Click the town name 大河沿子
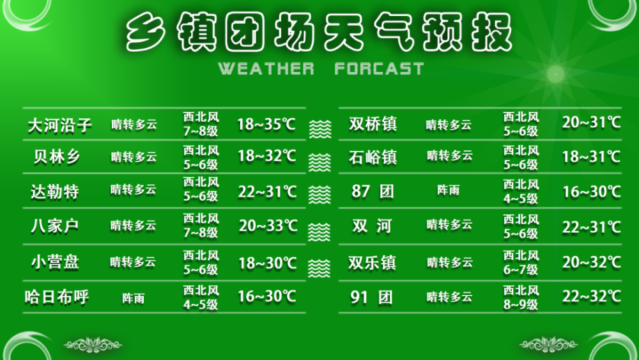[59, 124]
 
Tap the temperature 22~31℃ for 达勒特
[267, 191]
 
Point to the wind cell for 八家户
[201, 226]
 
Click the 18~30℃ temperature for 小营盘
[267, 263]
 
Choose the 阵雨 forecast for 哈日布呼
[133, 299]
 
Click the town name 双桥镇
[373, 124]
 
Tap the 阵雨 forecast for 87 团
[448, 191]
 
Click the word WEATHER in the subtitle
[266, 68]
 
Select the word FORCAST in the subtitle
[379, 68]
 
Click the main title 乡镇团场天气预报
[319, 33]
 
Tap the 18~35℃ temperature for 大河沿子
[266, 123]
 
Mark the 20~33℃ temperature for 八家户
[268, 226]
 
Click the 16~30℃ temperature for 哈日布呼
[266, 297]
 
